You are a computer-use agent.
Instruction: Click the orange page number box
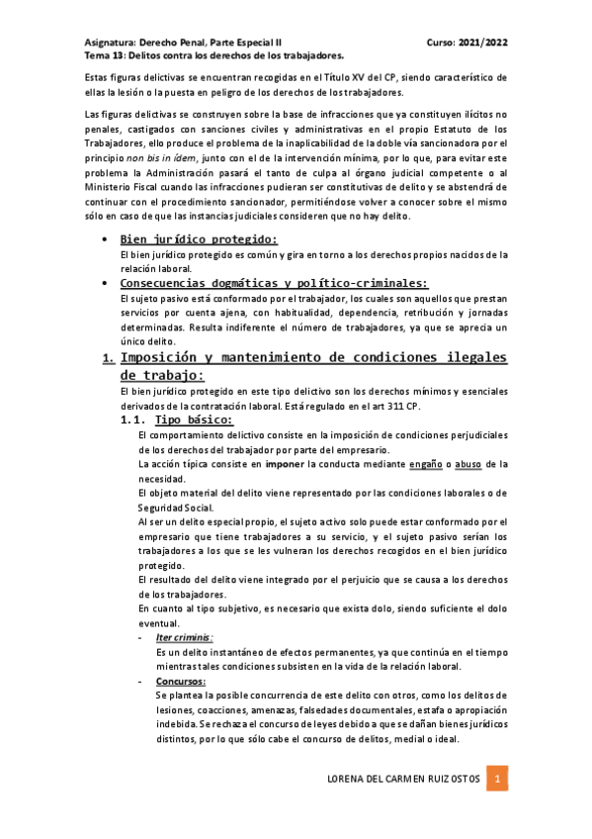click(500, 780)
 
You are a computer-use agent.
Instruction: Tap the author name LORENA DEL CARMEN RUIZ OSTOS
click(403, 780)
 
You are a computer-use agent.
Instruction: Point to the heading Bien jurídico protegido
click(198, 239)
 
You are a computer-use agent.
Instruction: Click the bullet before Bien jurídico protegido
click(105, 240)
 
